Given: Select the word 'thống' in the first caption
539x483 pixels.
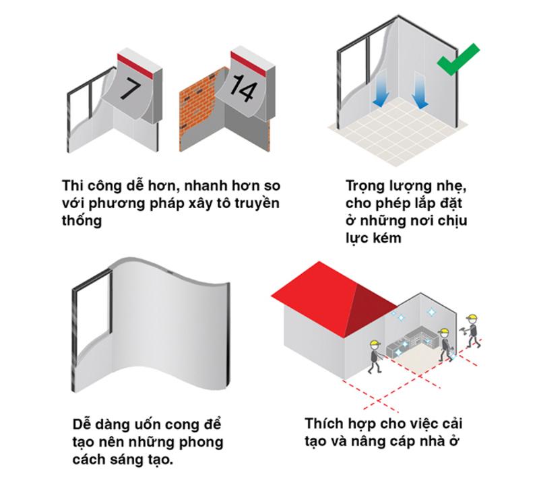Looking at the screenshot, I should [82, 220].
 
